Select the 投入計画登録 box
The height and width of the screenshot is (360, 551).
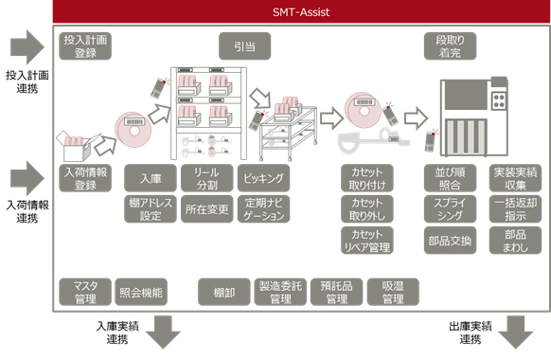[x=85, y=47]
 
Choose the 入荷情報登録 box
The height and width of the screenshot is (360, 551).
[x=85, y=179]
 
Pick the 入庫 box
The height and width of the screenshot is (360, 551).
[x=151, y=179]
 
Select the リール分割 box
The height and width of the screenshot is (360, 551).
[x=206, y=179]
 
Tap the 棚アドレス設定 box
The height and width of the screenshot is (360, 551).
[x=151, y=208]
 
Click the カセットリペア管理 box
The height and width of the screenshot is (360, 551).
[x=366, y=240]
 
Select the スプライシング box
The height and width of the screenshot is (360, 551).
[x=449, y=208]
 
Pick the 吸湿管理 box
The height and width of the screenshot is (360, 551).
[x=393, y=292]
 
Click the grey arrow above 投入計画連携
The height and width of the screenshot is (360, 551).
[x=27, y=45]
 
